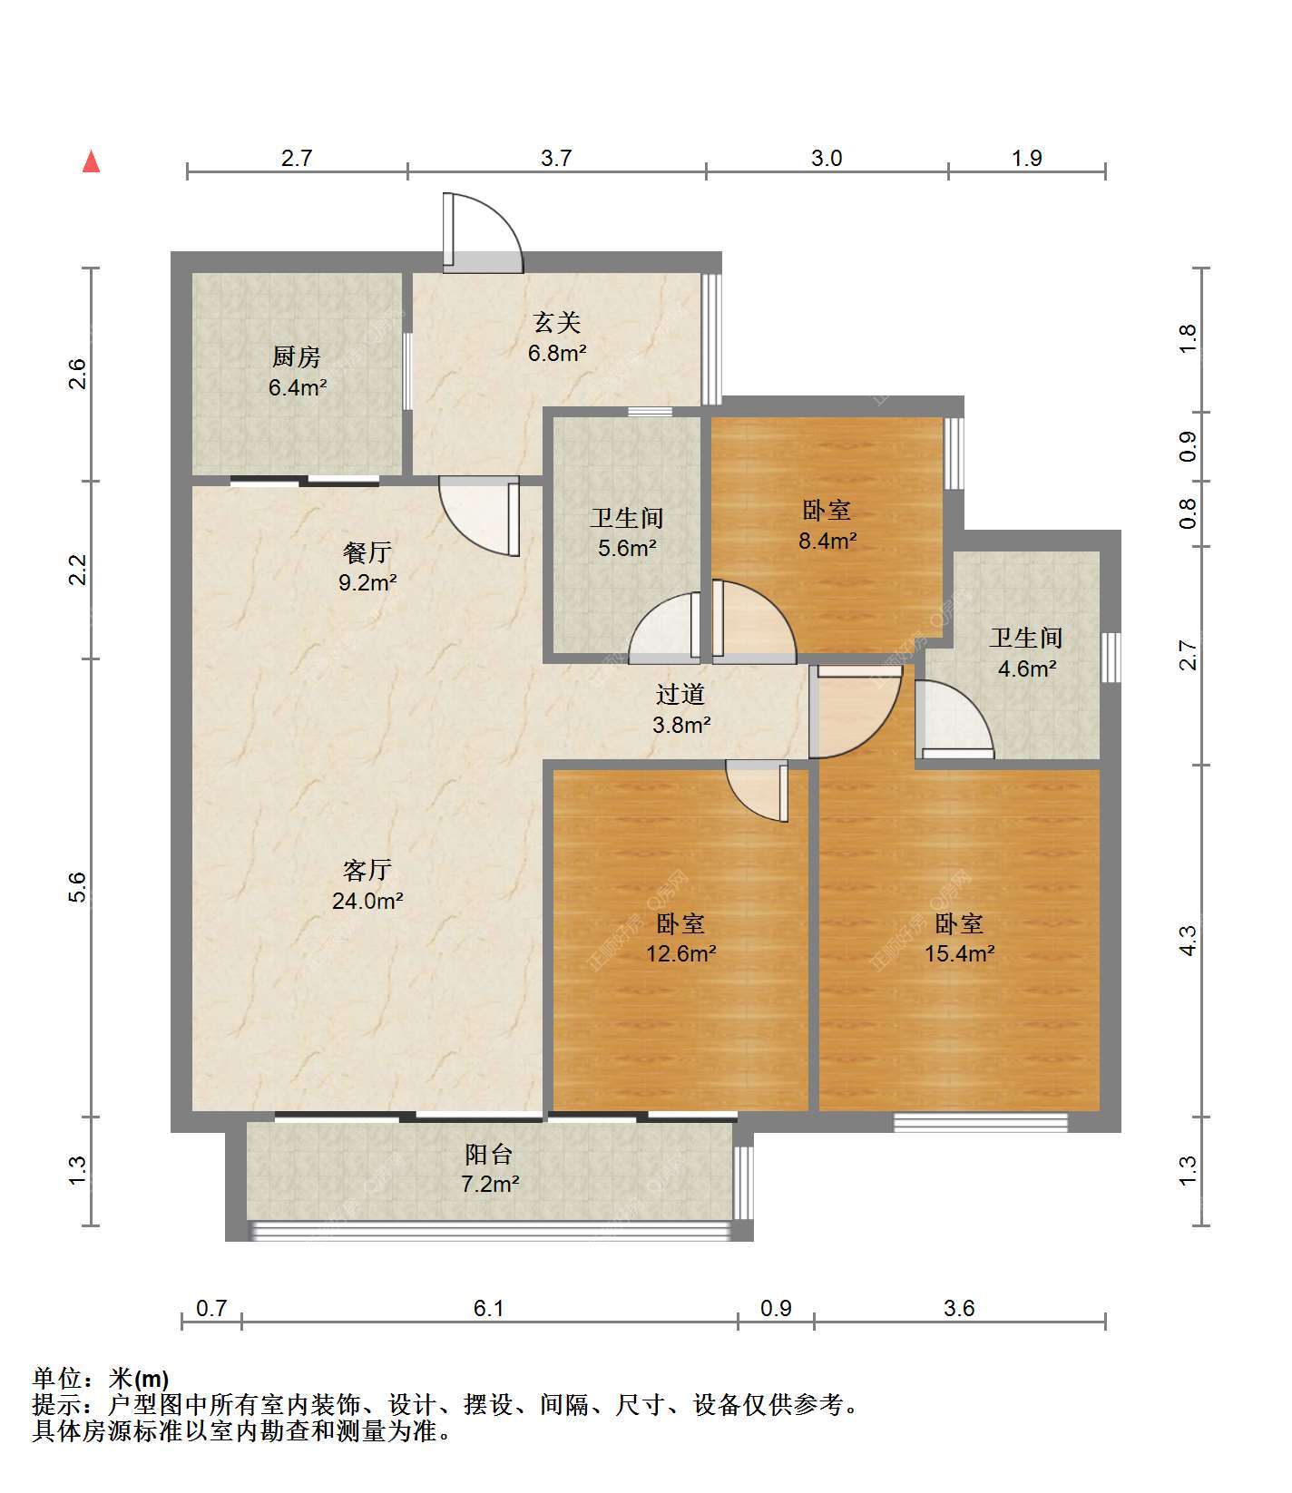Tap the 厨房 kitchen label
pos(297,372)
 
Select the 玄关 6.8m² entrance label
pos(556,337)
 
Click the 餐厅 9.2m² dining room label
pos(367,567)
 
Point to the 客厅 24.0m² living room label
pos(367,885)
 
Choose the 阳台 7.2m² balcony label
pos(489,1168)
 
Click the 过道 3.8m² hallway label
pos(681,709)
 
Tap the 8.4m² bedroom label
pos(827,525)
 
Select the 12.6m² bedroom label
pos(681,938)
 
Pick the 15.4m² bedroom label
pos(959,938)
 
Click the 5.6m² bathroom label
pos(627,532)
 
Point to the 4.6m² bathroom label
pos(1026,653)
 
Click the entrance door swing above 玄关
pos(483,232)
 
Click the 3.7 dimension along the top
pos(556,159)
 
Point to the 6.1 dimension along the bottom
pos(488,1308)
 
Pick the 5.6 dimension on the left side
pos(78,886)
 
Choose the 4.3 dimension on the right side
pos(1188,940)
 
